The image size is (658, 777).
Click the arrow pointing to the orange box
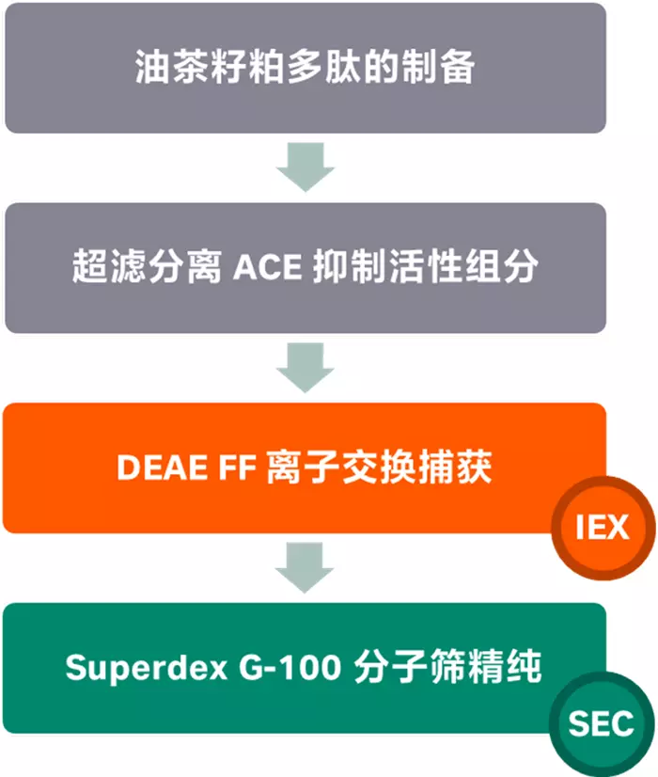305,368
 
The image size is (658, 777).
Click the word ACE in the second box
268,268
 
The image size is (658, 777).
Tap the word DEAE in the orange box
153,468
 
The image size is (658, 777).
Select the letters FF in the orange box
229,468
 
